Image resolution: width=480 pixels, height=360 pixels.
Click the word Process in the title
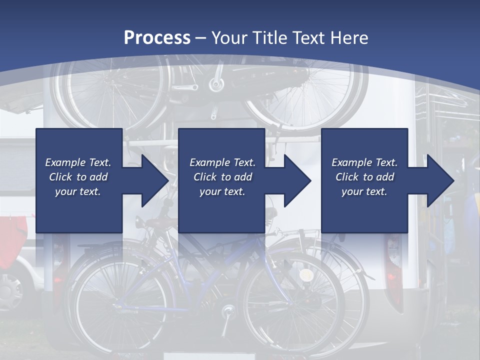(x=157, y=38)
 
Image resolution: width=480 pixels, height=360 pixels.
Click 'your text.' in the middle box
(x=222, y=191)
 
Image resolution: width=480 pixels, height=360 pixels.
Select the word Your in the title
(x=227, y=38)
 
